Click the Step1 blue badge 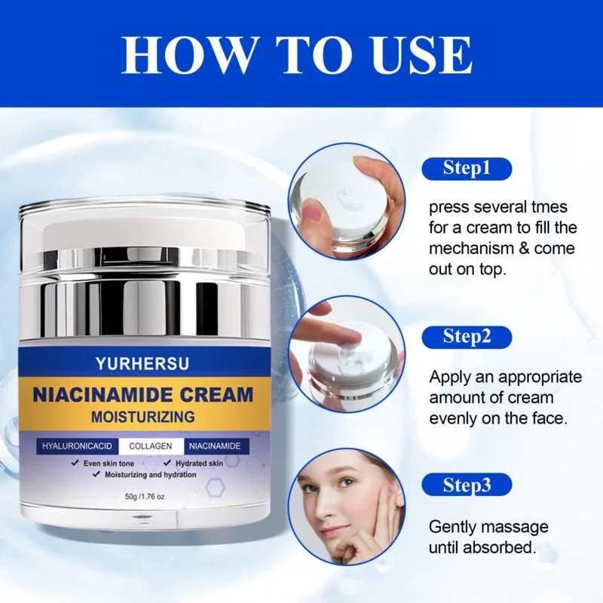467,168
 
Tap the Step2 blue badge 467,336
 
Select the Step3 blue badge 467,485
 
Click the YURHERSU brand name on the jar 143,364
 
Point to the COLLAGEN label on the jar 151,446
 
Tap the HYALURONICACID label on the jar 75,446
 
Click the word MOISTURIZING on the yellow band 144,416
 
